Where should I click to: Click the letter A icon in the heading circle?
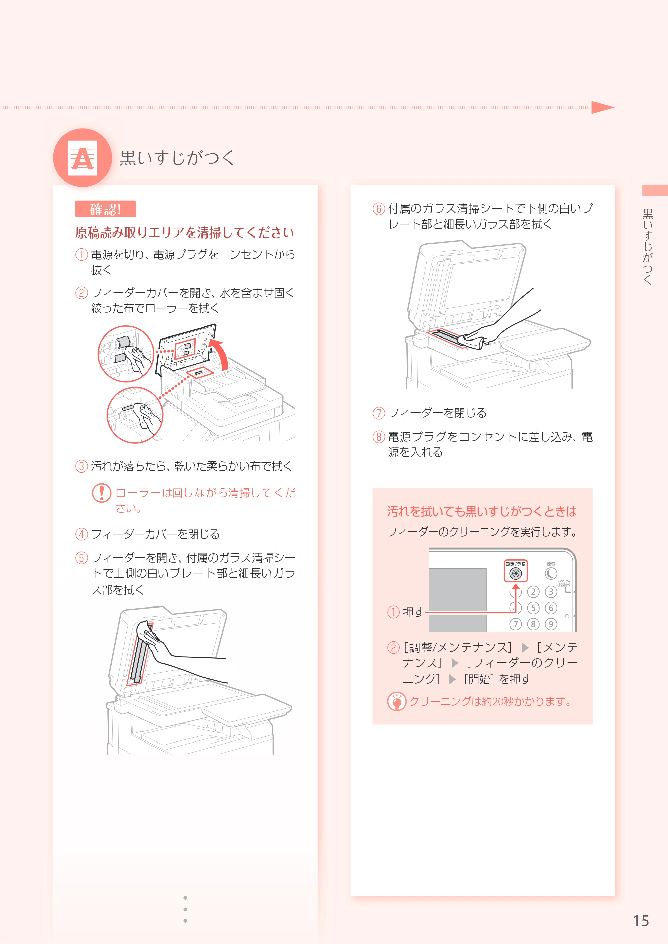point(83,158)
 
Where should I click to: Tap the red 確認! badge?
point(105,209)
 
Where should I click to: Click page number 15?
point(641,921)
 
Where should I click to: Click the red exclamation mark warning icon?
point(101,493)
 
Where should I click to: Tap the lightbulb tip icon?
point(396,701)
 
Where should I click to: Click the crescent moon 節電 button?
point(551,573)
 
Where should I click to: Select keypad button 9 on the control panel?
point(551,624)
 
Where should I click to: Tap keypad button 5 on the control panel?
point(533,608)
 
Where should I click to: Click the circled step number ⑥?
point(378,209)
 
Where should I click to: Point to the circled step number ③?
point(81,466)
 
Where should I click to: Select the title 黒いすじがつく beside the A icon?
point(177,158)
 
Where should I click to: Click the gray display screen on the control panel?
point(457,599)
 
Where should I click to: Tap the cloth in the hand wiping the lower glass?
point(472,341)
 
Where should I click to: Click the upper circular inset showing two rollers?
point(126,354)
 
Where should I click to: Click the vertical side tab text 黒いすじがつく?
point(648,247)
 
